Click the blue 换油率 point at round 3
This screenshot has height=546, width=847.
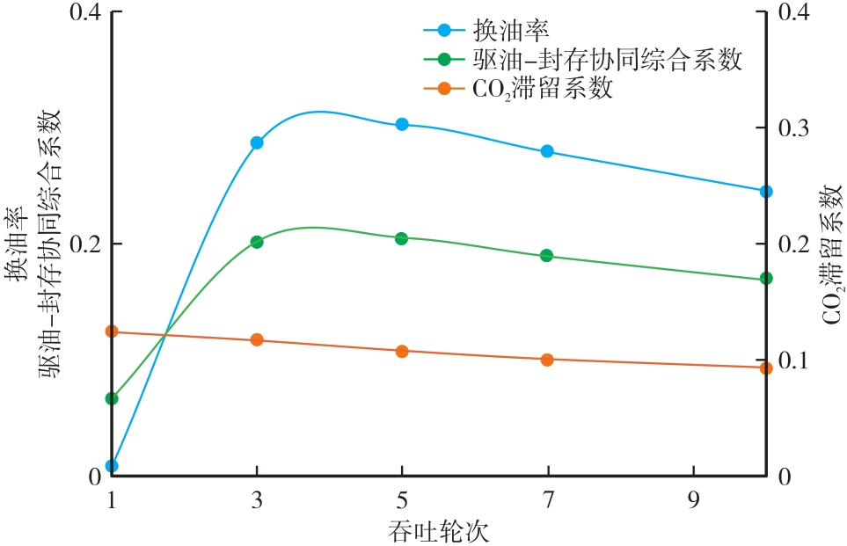(257, 142)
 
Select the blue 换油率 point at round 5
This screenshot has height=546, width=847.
(402, 124)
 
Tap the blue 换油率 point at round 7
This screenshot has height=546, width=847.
(547, 151)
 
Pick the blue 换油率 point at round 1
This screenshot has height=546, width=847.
(112, 465)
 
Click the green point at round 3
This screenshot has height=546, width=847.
(257, 242)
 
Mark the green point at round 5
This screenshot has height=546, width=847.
(402, 238)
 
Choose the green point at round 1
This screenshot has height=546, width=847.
(112, 398)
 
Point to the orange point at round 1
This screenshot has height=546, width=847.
(112, 331)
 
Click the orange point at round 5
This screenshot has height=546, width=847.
(402, 351)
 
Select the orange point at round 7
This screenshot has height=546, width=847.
(547, 360)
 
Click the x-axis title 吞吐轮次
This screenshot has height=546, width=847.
(437, 530)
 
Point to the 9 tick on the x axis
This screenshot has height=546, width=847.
(694, 501)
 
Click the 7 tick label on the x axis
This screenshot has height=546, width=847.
(548, 501)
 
